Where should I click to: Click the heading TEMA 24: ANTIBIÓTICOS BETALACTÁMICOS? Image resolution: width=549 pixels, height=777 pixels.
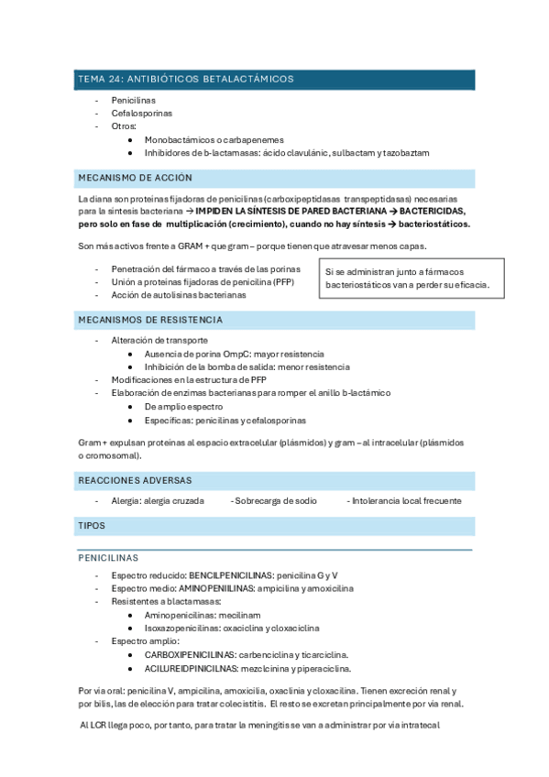(x=186, y=80)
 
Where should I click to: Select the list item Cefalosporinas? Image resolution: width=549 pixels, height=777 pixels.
(x=141, y=113)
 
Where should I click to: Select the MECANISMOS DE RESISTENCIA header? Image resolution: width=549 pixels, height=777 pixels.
(x=151, y=320)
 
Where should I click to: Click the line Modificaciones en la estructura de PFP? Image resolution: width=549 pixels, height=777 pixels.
(x=189, y=379)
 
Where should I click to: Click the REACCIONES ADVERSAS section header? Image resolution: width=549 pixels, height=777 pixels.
(x=135, y=480)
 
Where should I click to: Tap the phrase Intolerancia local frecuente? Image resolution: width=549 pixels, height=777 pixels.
(x=404, y=500)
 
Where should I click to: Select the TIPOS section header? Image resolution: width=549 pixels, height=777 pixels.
(x=92, y=525)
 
